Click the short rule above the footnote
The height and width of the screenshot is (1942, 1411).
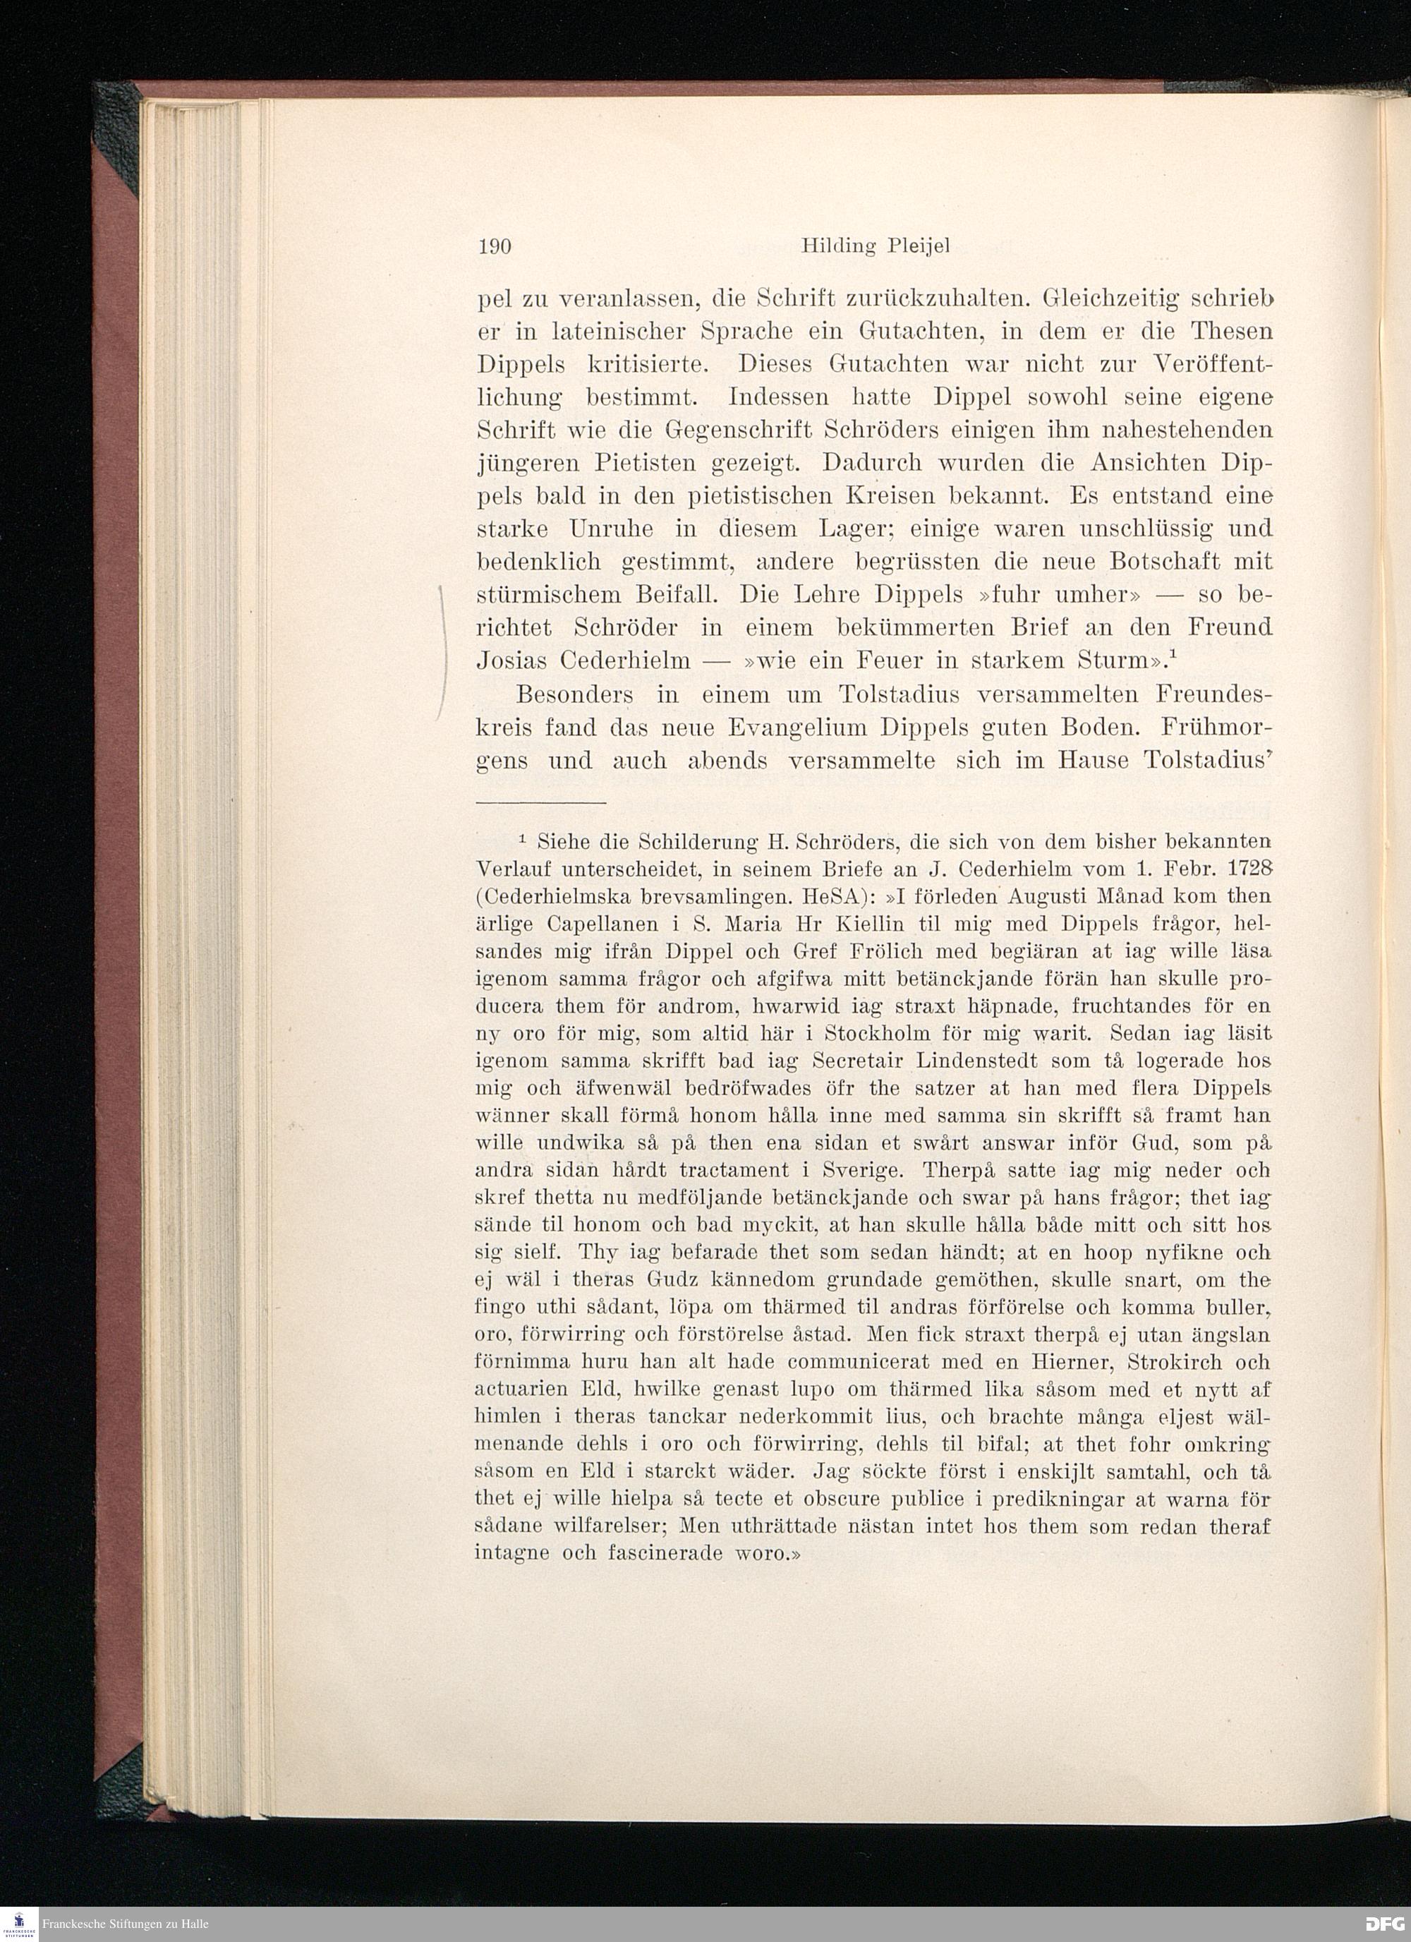[540, 802]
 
